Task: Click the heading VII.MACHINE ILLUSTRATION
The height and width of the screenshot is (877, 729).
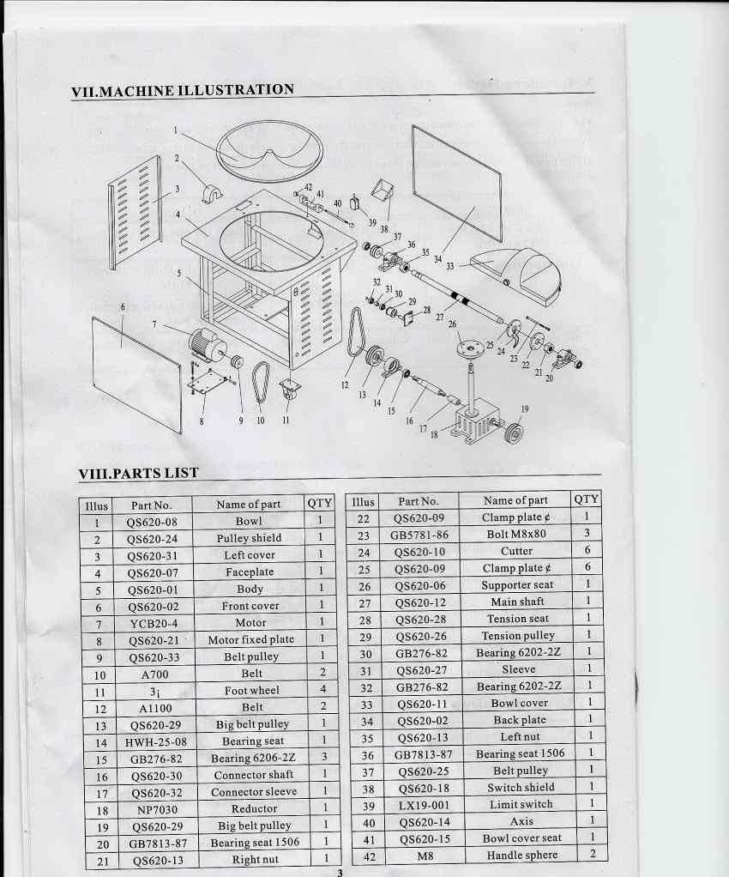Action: coord(182,90)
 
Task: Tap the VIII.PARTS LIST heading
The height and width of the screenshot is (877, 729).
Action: coord(139,473)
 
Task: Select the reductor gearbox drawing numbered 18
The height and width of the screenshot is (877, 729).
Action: coord(476,425)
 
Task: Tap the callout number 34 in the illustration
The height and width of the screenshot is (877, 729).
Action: coord(437,259)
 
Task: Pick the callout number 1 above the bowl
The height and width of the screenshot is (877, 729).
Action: coord(175,130)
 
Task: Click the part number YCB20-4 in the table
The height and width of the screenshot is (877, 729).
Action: coord(154,623)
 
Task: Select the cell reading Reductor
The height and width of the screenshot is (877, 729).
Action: coord(255,808)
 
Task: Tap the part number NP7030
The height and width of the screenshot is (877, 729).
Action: coord(157,810)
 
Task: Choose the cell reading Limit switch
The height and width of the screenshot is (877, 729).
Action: coord(521,804)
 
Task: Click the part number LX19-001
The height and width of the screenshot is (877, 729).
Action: coord(424,806)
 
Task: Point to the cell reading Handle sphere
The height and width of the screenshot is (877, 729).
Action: coord(522,856)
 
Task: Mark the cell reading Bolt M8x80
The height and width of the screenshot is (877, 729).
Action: coord(516,534)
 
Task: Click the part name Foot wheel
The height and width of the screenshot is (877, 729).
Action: coord(252,690)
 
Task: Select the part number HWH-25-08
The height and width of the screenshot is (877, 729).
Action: coord(156,742)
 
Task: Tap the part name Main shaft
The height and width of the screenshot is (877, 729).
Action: coord(518,602)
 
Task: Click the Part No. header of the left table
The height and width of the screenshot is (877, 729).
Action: coord(151,505)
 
